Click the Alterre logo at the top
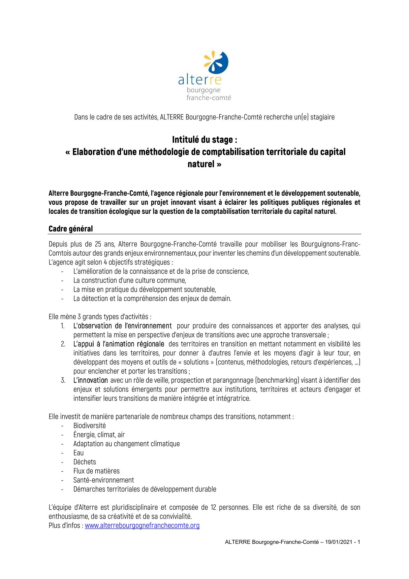(204, 76)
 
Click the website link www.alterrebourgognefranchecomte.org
(142, 525)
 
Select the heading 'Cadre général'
(71, 229)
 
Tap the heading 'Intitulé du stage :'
(204, 140)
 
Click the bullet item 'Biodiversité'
(89, 426)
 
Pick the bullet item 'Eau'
(79, 453)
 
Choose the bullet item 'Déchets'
(84, 462)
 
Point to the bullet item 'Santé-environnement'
(104, 480)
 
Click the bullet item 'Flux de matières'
(96, 471)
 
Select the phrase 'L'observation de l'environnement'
(122, 326)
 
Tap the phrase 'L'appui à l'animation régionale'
(119, 344)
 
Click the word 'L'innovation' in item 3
(91, 380)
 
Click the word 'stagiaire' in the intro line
(323, 117)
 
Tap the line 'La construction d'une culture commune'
(130, 281)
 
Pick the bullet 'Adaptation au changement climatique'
(127, 444)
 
